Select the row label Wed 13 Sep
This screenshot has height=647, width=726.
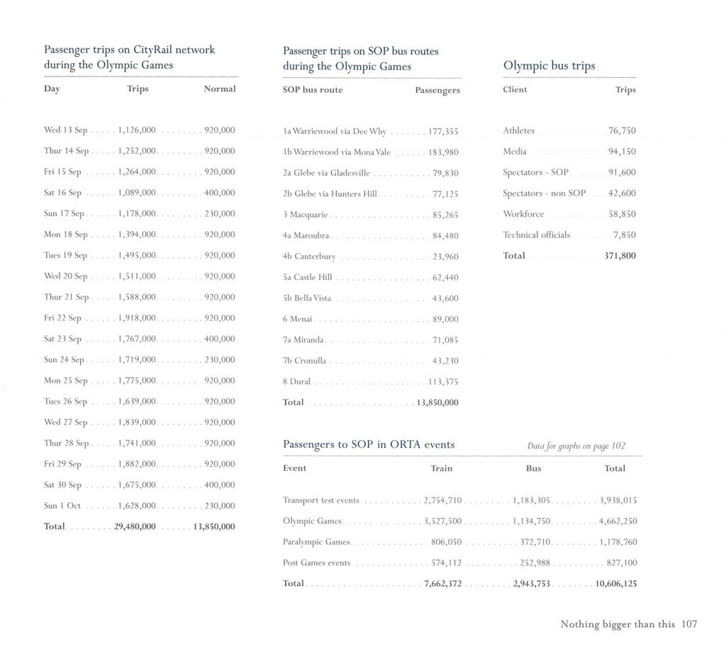[x=65, y=130]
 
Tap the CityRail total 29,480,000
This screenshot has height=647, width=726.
[x=135, y=527]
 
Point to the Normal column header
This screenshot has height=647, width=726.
[x=219, y=89]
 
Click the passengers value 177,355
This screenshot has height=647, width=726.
[x=443, y=131]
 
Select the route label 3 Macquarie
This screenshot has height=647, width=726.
[x=305, y=215]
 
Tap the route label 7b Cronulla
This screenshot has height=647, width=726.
[x=304, y=361]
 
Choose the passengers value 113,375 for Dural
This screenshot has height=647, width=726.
[x=443, y=382]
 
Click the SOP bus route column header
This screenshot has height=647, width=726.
[x=313, y=90]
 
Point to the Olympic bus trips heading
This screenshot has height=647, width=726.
[x=549, y=66]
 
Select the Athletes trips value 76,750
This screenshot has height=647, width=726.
[x=622, y=131]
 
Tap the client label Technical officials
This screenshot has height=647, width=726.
[x=536, y=235]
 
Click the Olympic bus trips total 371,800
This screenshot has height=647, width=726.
[x=620, y=256]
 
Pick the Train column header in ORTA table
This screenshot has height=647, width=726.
[x=441, y=468]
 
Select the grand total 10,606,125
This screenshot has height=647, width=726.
[x=615, y=584]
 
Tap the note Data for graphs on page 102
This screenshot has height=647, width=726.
[x=576, y=446]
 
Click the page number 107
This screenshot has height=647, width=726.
[x=689, y=624]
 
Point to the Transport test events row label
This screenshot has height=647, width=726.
[x=320, y=500]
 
